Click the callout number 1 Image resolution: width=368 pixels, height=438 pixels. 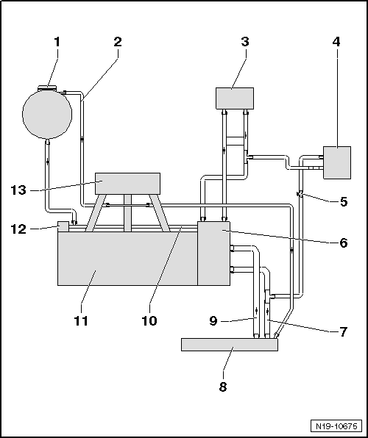coord(57,42)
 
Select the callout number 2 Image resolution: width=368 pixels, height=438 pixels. coord(118,42)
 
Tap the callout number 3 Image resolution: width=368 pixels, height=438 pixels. coord(245,42)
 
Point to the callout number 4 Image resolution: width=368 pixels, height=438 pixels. coord(336,42)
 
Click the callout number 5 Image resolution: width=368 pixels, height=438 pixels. coord(344,201)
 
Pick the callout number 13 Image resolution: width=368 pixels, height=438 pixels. coord(18,190)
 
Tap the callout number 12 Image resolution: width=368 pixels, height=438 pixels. coord(18,229)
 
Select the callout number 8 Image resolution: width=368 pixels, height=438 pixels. coord(223,387)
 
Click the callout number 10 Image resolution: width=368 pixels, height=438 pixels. coord(149,320)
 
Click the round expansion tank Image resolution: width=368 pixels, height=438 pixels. coord(47,114)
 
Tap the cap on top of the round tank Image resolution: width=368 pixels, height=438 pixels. coord(47,88)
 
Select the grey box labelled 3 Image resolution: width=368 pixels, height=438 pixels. coord(235,98)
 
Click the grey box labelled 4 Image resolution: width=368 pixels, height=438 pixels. coord(337,162)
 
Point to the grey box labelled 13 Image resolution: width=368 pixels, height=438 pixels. coord(127,184)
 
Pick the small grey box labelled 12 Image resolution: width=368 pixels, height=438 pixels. coord(63,226)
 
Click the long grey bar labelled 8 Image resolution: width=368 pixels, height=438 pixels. coord(230,345)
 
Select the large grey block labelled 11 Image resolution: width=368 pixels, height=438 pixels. coord(127,259)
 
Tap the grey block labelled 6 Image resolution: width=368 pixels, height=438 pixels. coord(213,254)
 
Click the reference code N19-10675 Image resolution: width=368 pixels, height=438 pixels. coord(336,426)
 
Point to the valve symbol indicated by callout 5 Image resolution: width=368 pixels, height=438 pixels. coord(300,193)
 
